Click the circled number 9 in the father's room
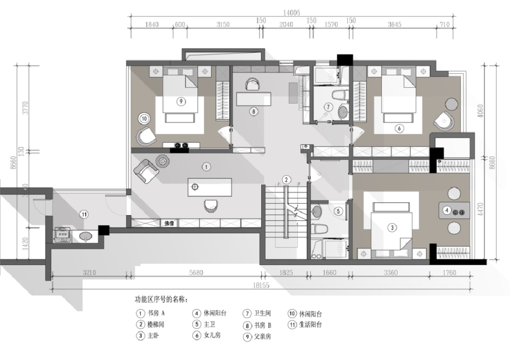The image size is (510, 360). click(x=181, y=101)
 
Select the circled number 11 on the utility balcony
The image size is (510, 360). click(x=83, y=215)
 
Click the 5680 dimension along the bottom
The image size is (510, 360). click(x=195, y=273)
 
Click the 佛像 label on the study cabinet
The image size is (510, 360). click(x=169, y=224)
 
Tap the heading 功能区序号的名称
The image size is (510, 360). click(x=161, y=299)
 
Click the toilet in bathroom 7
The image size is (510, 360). click(x=338, y=95)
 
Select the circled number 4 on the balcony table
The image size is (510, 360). click(x=447, y=210)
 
